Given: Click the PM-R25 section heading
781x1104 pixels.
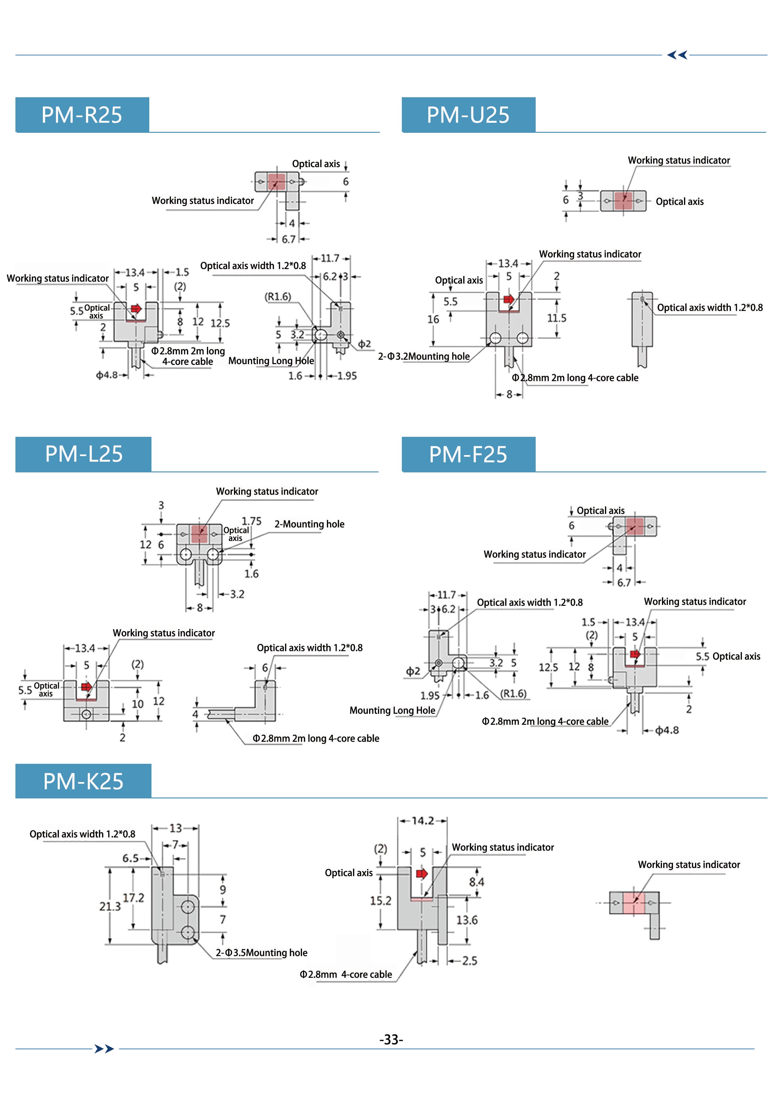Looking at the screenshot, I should tap(82, 115).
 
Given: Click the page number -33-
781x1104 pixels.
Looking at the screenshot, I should tap(391, 1039).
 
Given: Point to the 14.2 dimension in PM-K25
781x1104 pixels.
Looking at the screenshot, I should tap(423, 821).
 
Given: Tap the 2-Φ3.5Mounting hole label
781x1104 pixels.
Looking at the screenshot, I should tap(261, 953).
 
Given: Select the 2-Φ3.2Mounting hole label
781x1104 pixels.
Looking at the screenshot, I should tap(424, 356).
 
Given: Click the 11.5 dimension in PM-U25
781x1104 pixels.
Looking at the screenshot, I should tap(557, 318).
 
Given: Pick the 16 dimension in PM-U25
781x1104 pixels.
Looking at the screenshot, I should tap(433, 319).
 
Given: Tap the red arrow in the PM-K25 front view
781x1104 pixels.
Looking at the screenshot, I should tap(422, 874).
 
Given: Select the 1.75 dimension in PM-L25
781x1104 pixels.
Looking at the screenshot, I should tap(251, 521).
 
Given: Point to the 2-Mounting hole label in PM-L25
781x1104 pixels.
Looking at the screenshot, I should tap(310, 524).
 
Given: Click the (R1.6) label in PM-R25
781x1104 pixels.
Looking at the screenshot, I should tap(278, 297).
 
